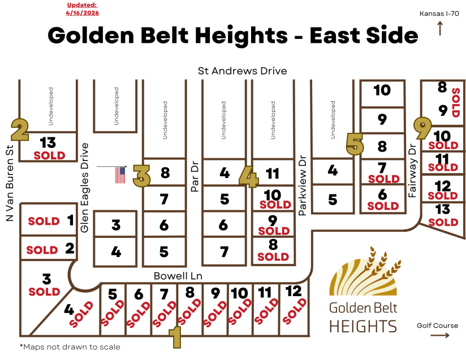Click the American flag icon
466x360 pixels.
coord(120,175)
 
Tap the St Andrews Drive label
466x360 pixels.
coord(242,71)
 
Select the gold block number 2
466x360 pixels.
coord(20,129)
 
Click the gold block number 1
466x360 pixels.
coord(176,337)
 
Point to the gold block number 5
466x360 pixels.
coord(355,144)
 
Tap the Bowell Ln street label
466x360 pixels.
coord(178,276)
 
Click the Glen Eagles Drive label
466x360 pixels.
coord(85,187)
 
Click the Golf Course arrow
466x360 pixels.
coord(440,335)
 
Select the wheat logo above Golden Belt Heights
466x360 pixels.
coord(365,274)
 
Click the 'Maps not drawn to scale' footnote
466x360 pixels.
coord(70,346)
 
